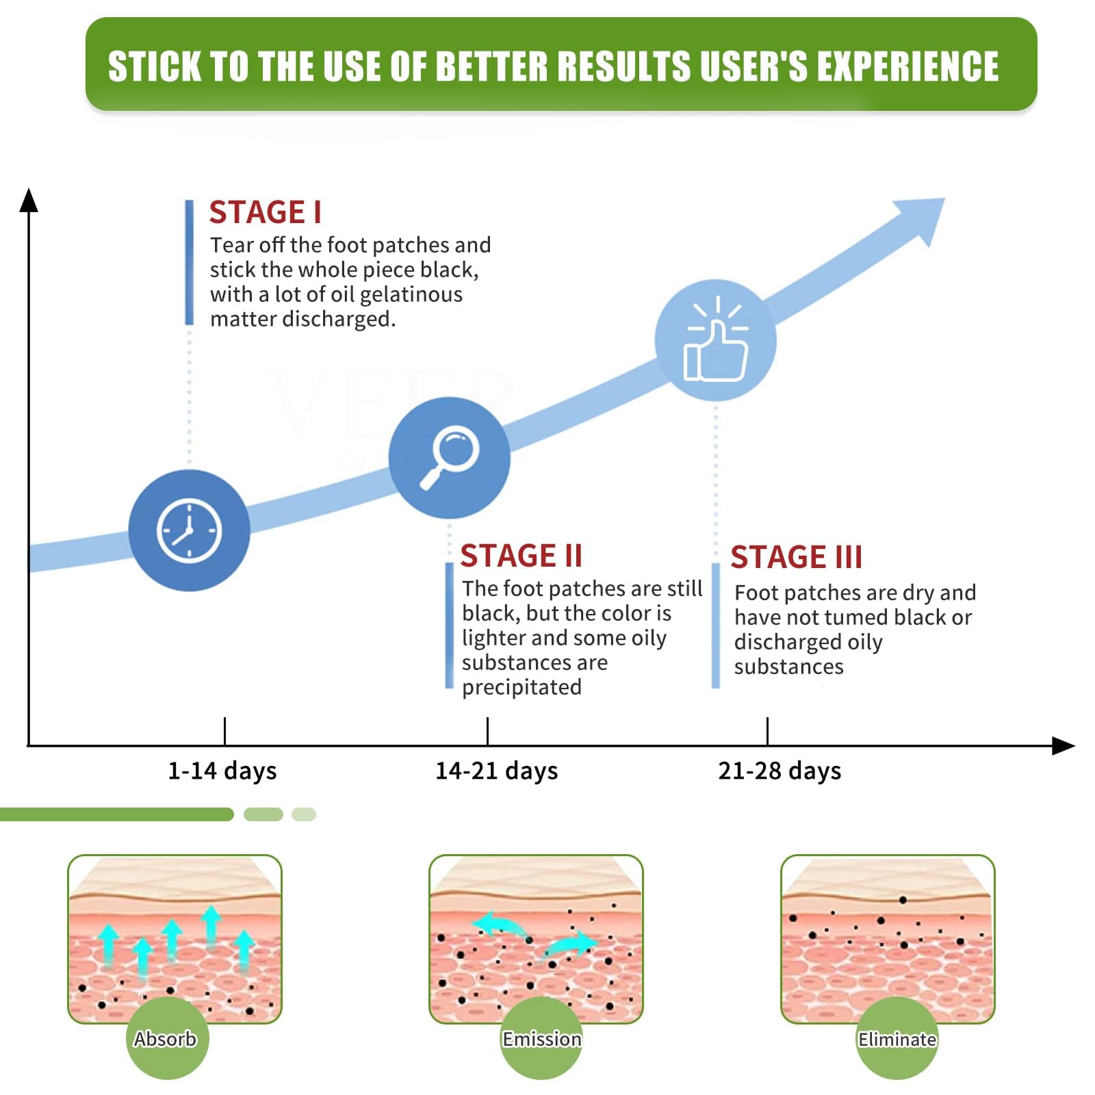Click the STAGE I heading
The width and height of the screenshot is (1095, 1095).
(265, 212)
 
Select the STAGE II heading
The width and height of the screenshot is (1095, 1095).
(521, 556)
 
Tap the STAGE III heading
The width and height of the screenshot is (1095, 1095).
(796, 557)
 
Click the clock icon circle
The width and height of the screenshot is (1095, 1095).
(189, 530)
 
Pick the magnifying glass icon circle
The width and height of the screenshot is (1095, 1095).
(449, 457)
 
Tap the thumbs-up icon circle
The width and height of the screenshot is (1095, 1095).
(715, 340)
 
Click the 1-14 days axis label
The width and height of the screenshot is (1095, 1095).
(222, 771)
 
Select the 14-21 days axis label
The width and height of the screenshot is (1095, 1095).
(497, 771)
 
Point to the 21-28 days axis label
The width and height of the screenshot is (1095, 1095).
(780, 771)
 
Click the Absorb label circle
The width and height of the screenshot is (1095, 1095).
(167, 1038)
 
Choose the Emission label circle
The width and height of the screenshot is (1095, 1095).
(541, 1038)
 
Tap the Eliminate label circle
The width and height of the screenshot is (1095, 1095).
(897, 1038)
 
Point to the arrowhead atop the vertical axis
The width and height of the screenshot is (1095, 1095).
(29, 199)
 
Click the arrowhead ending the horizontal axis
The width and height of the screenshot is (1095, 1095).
(1063, 746)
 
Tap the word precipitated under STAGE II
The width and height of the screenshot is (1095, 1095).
(521, 687)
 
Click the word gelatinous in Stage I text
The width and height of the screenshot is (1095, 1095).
(411, 295)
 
